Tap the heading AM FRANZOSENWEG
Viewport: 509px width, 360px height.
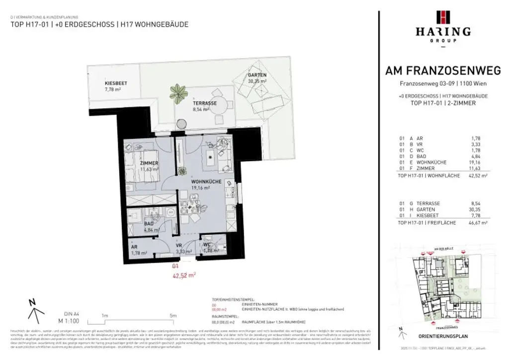point(443,71)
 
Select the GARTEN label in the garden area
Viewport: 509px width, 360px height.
point(257,75)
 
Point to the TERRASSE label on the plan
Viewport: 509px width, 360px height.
point(205,103)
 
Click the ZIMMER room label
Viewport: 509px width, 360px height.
point(149,163)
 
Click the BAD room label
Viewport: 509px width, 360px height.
point(149,224)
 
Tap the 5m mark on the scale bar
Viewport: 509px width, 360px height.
point(173,316)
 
